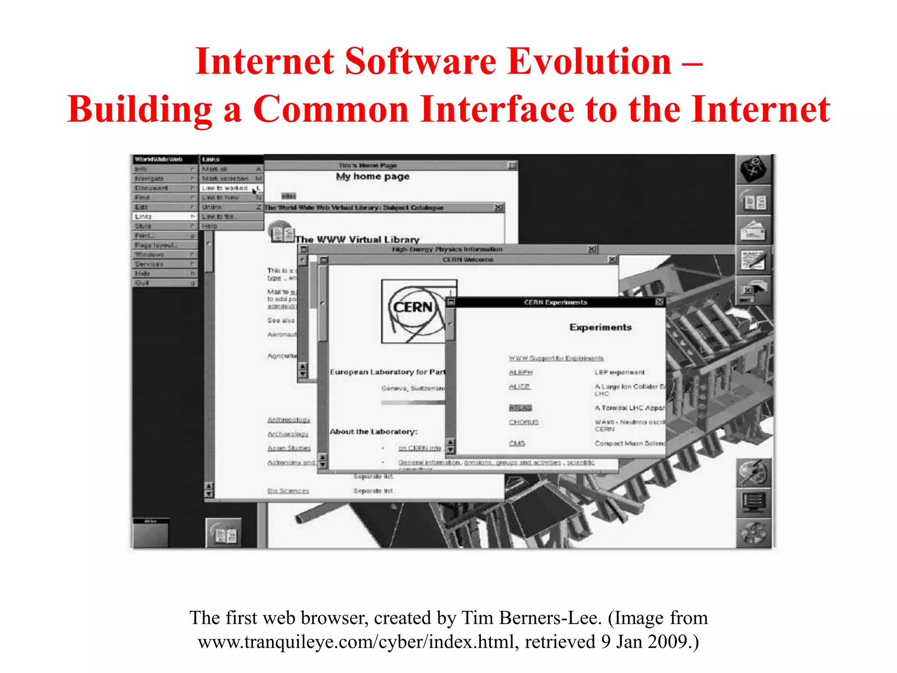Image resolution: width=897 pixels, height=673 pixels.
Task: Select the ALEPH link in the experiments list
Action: tap(520, 372)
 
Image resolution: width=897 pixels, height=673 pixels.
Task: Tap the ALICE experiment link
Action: tap(519, 386)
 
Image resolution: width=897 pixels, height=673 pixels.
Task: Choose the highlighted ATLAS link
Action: tap(520, 408)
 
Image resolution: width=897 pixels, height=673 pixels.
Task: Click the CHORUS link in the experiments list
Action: tap(523, 422)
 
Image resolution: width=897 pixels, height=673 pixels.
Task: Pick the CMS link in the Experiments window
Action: tap(517, 443)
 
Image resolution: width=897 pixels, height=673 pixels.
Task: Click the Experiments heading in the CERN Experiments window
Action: tap(600, 327)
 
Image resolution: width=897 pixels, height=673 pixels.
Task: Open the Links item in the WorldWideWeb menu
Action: tap(144, 216)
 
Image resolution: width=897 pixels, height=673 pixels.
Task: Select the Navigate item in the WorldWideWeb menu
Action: tap(149, 178)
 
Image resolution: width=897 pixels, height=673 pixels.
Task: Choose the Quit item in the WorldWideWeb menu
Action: tap(142, 283)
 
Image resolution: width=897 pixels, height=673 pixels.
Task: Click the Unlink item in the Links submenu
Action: tap(212, 207)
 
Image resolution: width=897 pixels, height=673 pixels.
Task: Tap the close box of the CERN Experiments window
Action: tap(659, 302)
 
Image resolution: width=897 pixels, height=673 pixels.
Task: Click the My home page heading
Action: tap(373, 177)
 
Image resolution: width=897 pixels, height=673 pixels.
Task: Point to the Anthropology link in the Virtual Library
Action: tap(289, 420)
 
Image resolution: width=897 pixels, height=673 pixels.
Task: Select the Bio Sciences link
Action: tap(288, 491)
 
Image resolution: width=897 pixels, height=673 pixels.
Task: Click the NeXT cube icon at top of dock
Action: tap(753, 169)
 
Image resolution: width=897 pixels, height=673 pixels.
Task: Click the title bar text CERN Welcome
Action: tap(467, 260)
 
